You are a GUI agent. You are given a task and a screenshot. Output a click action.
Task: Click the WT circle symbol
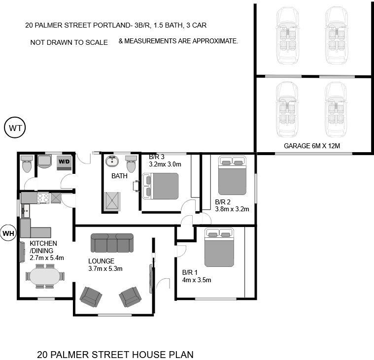[x=16, y=128]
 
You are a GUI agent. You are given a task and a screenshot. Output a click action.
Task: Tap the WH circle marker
[x=8, y=233]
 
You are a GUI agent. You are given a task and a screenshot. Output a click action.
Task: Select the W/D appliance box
[x=64, y=162]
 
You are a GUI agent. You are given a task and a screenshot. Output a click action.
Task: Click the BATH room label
[x=119, y=175]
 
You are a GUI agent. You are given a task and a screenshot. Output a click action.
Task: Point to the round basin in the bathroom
[x=112, y=161]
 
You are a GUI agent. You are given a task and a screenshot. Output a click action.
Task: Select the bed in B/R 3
[x=161, y=186]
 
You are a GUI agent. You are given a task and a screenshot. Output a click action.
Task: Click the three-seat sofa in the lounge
[x=112, y=243]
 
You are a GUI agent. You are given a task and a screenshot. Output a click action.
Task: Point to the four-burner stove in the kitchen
[x=43, y=198]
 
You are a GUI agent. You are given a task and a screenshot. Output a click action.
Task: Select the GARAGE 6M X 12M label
[x=312, y=146]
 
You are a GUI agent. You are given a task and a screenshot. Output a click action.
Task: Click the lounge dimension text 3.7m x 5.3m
[x=105, y=268]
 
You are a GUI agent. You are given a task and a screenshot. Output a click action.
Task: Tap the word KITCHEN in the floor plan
[x=43, y=243]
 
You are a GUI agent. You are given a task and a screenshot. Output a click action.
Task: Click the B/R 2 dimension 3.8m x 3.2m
[x=232, y=209]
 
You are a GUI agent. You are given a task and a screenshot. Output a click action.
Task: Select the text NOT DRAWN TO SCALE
[x=69, y=42]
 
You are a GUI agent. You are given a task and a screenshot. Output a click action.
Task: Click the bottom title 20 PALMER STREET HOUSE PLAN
[x=115, y=354]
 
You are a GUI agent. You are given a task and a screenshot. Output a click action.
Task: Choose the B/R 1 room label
[x=190, y=272]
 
